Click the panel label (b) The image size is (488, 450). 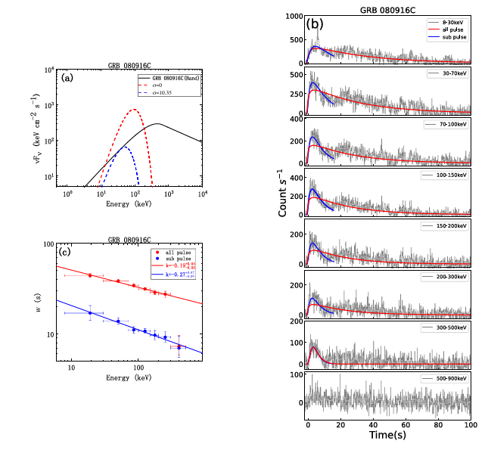coord(315,25)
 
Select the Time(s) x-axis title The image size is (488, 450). coord(389,436)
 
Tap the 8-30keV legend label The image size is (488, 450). coord(452,23)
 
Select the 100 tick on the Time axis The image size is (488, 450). coord(471,425)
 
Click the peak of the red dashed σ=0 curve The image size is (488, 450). coord(134,110)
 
